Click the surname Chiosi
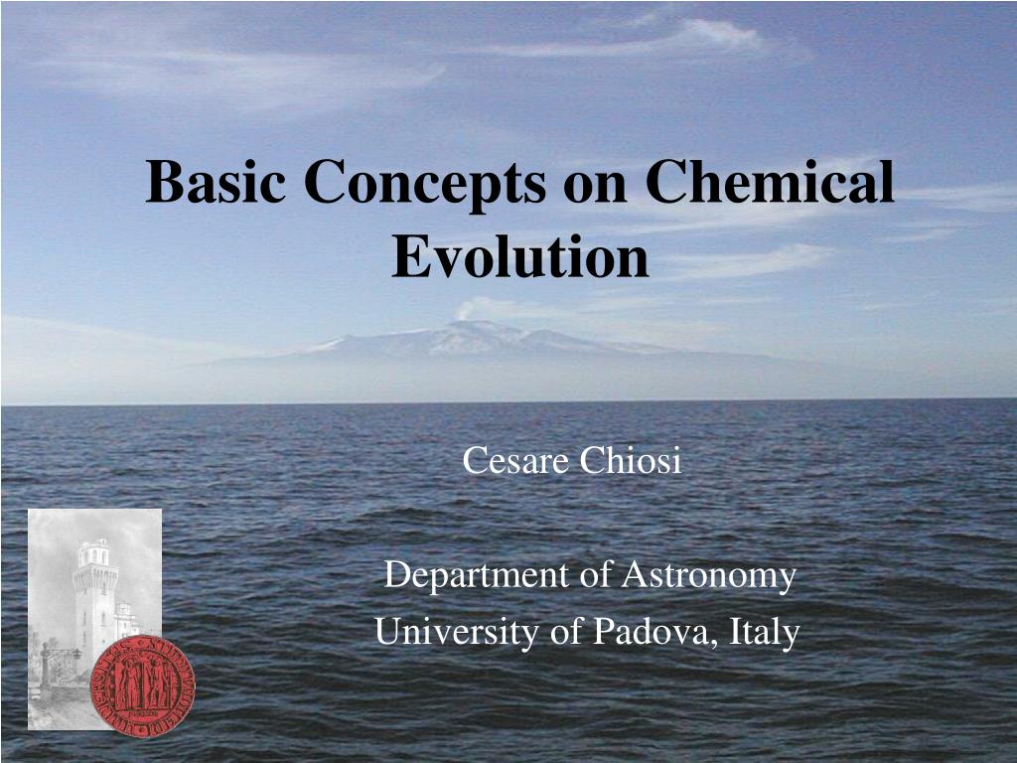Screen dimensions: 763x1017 632,461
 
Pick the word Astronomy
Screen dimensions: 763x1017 709,576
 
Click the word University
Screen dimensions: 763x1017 455,632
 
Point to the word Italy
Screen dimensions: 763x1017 765,633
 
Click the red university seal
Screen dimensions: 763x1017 142,687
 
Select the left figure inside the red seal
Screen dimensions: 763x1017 124,687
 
